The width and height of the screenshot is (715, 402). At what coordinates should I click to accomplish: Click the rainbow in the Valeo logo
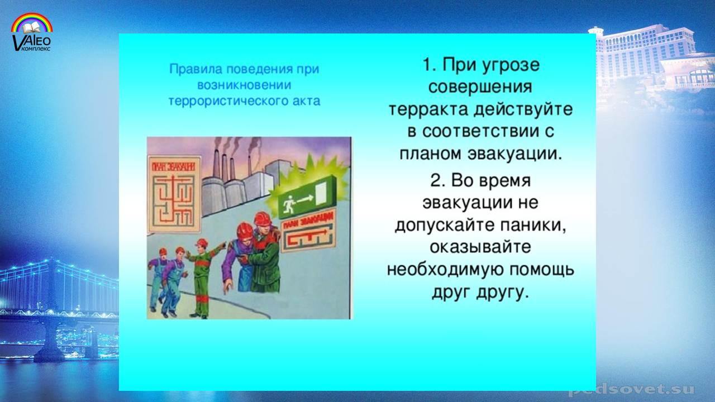(32, 17)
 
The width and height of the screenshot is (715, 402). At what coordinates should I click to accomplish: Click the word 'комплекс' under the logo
(36, 49)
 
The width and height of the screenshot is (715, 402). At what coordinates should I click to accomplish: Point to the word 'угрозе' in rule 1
(511, 66)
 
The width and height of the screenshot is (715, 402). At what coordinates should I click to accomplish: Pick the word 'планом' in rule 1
(430, 154)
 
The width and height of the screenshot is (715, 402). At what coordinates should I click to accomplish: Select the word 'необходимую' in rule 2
(444, 270)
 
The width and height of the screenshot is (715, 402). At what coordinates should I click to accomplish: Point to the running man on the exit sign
(289, 204)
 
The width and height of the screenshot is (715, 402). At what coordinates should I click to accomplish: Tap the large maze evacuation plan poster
(174, 194)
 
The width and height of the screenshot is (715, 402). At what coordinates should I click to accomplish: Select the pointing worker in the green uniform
(204, 277)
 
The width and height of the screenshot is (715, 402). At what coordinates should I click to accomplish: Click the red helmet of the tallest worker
(263, 218)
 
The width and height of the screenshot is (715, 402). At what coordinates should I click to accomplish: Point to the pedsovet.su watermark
(631, 390)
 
